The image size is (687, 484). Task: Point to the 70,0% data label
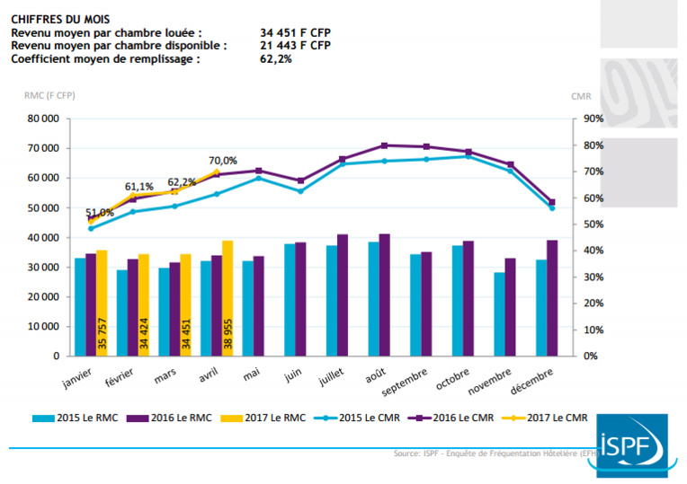coord(223,161)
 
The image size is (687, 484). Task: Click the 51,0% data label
coord(99,213)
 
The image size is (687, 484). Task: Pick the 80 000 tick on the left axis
coord(42,119)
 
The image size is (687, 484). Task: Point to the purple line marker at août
coord(385,145)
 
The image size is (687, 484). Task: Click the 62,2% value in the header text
coord(275,58)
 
